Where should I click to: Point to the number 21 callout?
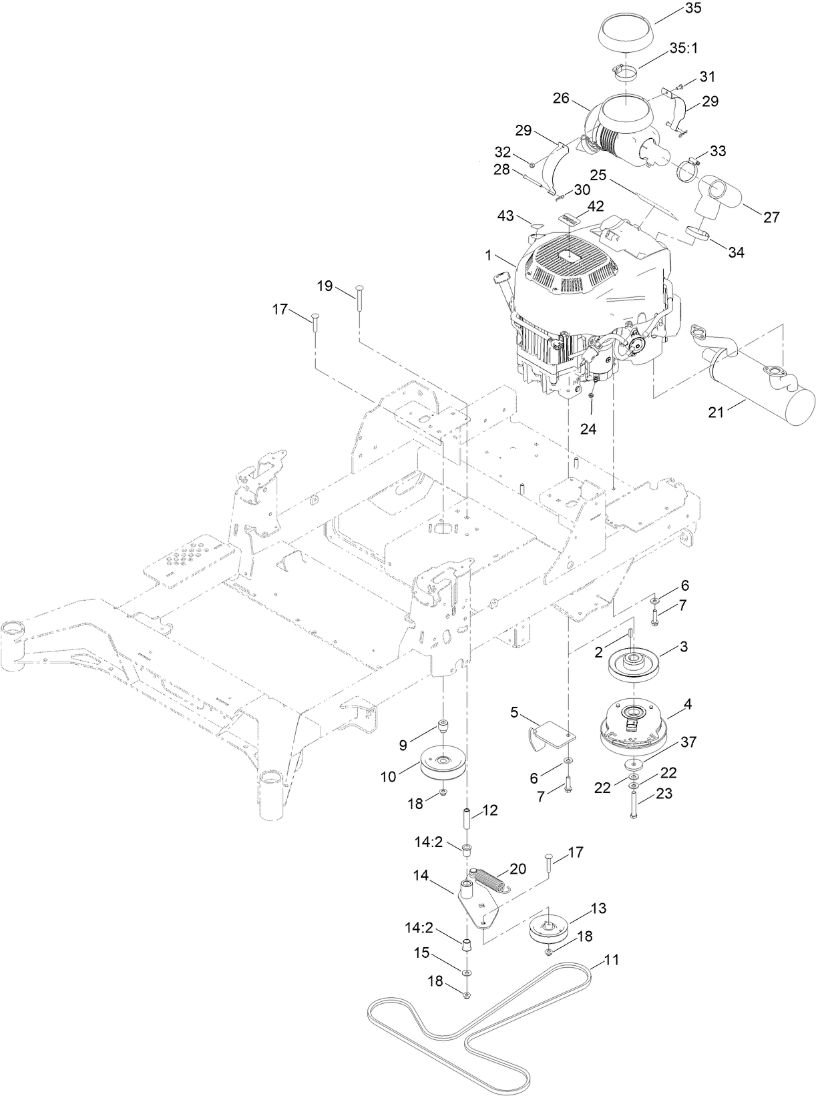coord(717,414)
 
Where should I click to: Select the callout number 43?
coord(506,216)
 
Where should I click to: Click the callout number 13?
coord(598,908)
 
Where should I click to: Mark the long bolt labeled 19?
coord(359,304)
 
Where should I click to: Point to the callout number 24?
coord(588,429)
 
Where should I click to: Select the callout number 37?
coord(688,742)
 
